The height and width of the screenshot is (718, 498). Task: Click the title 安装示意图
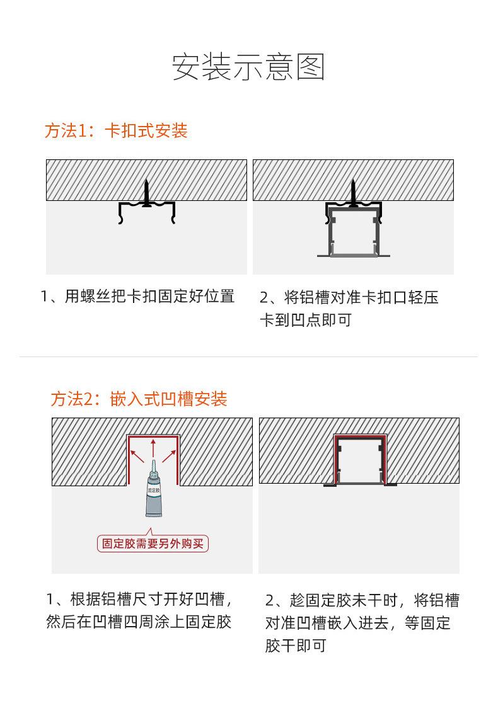(x=248, y=67)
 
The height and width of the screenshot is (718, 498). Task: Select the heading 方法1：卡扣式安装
(x=117, y=131)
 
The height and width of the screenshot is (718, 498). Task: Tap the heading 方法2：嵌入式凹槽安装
(x=139, y=399)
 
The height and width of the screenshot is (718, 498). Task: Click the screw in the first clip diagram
(x=147, y=193)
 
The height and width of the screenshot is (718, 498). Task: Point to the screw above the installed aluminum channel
(x=353, y=193)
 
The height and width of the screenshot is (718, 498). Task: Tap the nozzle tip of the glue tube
(x=153, y=460)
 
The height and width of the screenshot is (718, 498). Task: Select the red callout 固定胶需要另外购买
(x=153, y=543)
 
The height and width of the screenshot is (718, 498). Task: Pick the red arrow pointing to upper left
(x=137, y=456)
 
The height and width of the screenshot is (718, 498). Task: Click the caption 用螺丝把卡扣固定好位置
(x=150, y=296)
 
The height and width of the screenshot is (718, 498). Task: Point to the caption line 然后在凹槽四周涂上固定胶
(x=138, y=622)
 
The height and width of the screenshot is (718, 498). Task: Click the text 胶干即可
(x=296, y=646)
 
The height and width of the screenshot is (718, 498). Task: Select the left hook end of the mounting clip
(x=121, y=220)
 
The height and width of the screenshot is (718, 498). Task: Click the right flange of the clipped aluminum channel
(x=385, y=255)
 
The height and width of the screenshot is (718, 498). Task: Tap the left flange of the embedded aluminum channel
(x=330, y=484)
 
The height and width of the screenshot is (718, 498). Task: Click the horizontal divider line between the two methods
(x=248, y=356)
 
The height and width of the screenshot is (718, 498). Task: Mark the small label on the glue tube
(x=153, y=491)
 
